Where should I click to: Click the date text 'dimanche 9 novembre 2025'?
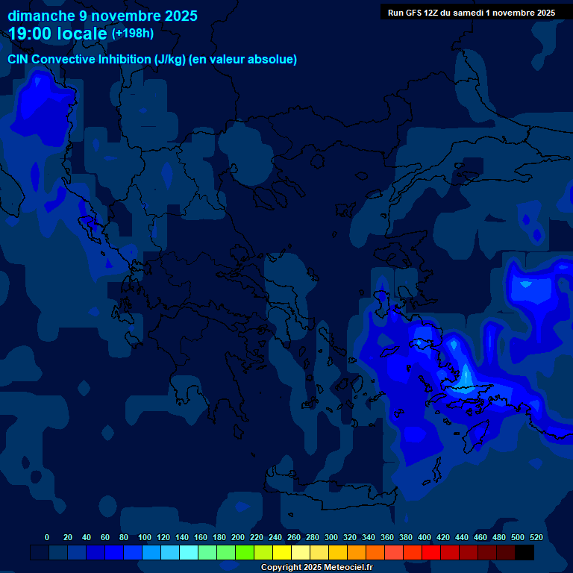click(102, 16)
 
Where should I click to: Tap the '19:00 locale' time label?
click(57, 34)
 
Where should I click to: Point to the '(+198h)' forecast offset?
click(133, 34)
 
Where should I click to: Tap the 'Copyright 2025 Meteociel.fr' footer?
click(316, 567)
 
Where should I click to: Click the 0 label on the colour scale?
click(47, 537)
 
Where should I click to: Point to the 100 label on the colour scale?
click(145, 537)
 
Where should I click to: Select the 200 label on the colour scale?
click(238, 537)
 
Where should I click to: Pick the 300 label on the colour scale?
click(331, 537)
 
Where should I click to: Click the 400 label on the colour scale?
click(425, 537)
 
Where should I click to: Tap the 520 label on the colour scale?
click(536, 537)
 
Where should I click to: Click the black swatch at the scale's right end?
click(525, 552)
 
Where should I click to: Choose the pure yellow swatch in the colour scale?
click(282, 552)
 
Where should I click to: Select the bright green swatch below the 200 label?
click(245, 552)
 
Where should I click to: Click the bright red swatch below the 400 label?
click(431, 552)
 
